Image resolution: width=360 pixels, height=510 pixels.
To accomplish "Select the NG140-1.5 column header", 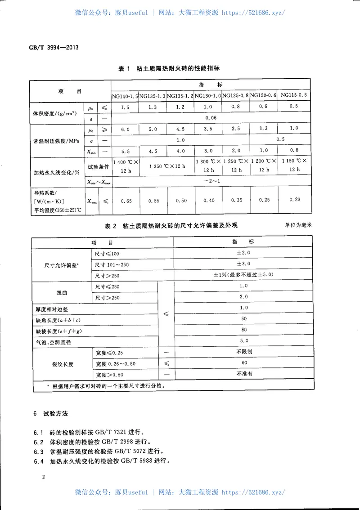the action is (125, 96).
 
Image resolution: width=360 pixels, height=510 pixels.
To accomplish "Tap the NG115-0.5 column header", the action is (294, 95).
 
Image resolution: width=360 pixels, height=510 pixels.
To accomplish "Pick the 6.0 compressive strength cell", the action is (125, 129).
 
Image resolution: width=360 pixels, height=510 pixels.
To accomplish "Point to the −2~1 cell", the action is (211, 181).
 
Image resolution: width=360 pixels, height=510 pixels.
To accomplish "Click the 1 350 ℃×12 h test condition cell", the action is (166, 166).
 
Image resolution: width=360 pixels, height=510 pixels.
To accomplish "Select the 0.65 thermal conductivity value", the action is (126, 200).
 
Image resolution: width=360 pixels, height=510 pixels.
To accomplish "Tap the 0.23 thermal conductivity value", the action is (294, 199).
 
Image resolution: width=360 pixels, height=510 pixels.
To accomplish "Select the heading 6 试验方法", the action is (51, 413).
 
